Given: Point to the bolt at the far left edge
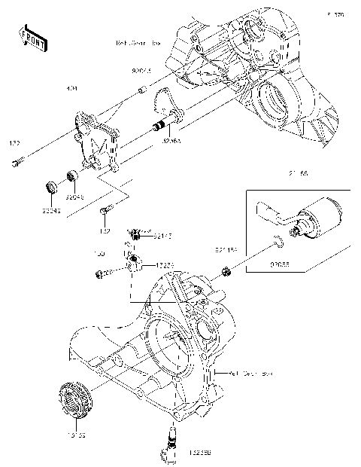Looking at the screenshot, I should [x=19, y=160].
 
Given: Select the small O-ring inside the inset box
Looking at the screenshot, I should [x=278, y=242].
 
